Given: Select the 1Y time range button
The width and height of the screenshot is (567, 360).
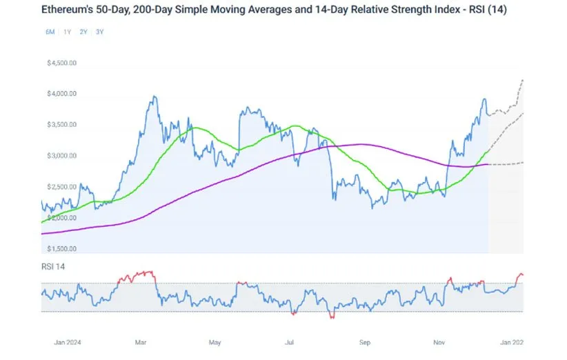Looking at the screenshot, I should [x=67, y=32].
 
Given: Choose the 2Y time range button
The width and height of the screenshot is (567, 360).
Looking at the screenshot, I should [x=83, y=32].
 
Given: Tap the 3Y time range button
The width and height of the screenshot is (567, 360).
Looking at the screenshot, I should [x=100, y=32].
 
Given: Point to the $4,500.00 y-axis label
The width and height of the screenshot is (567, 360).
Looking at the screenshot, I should [x=61, y=62].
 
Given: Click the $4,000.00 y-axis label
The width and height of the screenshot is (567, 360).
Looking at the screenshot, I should [x=61, y=94].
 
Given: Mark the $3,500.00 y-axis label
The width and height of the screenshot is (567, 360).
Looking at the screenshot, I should [x=61, y=125].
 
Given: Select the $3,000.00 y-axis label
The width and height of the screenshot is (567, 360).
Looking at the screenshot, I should [x=61, y=156].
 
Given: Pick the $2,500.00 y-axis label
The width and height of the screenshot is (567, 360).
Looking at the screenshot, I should [x=61, y=187].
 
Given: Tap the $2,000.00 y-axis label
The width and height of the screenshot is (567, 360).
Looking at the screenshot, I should [x=61, y=218].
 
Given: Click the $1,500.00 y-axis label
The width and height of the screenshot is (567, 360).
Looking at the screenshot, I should [x=61, y=249].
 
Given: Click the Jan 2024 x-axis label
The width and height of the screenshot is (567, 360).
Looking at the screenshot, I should [x=68, y=341].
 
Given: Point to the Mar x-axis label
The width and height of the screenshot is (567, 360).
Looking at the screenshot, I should [x=141, y=341].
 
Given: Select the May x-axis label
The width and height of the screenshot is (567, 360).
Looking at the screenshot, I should [x=215, y=341].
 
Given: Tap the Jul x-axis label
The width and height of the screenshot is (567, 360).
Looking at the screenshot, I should [x=290, y=341].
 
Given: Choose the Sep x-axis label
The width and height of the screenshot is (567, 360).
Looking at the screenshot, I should [x=365, y=341].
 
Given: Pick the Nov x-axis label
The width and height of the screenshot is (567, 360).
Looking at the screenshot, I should [x=439, y=341].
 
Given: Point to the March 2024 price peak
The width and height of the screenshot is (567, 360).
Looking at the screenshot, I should [x=152, y=97].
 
